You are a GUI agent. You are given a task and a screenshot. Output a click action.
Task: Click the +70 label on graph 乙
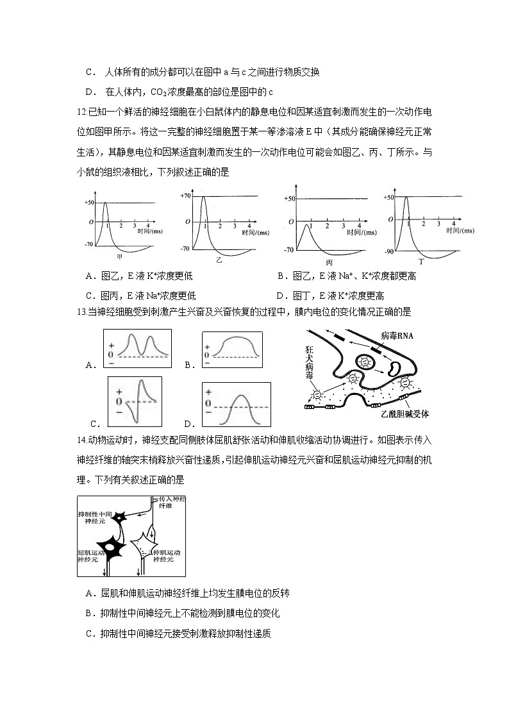(186, 196)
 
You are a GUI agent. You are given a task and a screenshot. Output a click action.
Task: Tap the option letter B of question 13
(189, 365)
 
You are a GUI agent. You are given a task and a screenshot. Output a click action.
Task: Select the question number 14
(81, 440)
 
